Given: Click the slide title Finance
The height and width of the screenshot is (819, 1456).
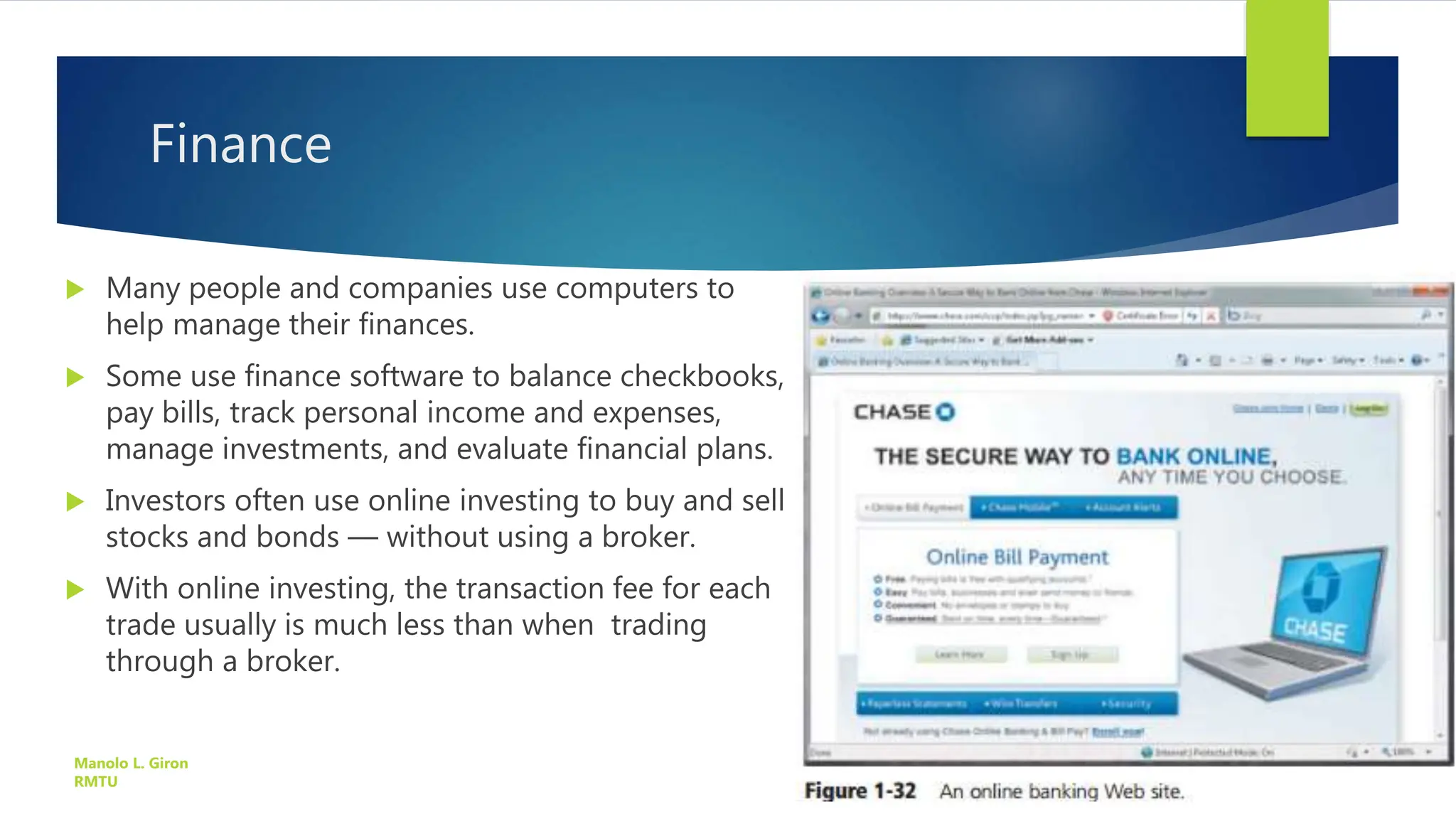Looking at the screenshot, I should pyautogui.click(x=240, y=144).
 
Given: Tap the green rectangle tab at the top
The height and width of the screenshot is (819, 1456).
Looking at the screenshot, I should pyautogui.click(x=1287, y=68).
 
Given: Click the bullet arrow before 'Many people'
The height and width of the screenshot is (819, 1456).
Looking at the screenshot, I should pyautogui.click(x=75, y=289).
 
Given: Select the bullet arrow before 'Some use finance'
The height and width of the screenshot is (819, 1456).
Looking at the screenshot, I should pyautogui.click(x=75, y=377).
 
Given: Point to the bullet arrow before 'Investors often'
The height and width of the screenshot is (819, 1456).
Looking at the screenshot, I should pyautogui.click(x=75, y=502).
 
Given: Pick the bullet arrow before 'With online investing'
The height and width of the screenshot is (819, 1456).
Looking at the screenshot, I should pyautogui.click(x=75, y=589).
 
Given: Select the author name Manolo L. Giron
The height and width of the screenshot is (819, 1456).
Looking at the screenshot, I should pyautogui.click(x=131, y=763).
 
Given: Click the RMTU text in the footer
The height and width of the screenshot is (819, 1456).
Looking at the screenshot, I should pyautogui.click(x=95, y=781).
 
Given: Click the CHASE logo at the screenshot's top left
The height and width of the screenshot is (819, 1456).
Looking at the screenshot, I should pyautogui.click(x=904, y=412).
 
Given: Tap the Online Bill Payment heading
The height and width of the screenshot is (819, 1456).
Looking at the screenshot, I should pyautogui.click(x=1017, y=557).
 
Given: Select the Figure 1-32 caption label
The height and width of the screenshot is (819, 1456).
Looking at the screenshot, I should pyautogui.click(x=860, y=791).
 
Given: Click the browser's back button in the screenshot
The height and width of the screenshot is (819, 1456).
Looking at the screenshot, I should pyautogui.click(x=821, y=316).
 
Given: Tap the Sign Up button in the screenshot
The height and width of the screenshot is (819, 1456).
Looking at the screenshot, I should pyautogui.click(x=1071, y=654).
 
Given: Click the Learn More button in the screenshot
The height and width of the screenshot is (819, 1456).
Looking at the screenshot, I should pyautogui.click(x=960, y=654).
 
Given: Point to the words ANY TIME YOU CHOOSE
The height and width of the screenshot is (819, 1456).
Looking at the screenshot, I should pyautogui.click(x=1231, y=477).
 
